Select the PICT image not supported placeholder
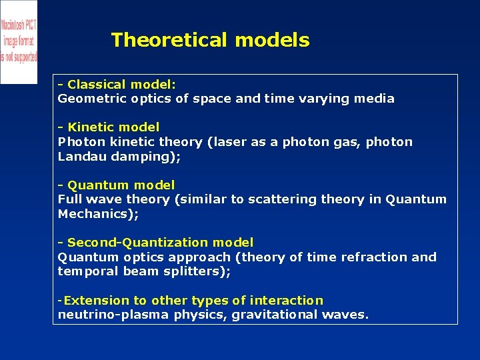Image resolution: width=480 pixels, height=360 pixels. pyautogui.click(x=19, y=41)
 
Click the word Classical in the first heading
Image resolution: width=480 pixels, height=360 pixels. pyautogui.click(x=97, y=85)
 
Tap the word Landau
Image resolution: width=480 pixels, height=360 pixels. pyautogui.click(x=79, y=157)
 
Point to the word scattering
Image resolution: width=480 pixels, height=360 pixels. pyautogui.click(x=283, y=199)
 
